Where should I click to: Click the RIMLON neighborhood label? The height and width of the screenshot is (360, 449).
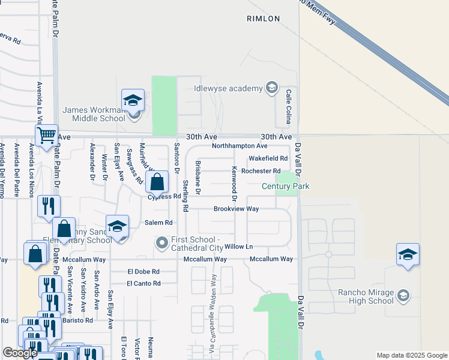point(264,19)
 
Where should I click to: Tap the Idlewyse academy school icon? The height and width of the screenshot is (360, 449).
point(271,89)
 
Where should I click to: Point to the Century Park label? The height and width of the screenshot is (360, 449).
point(285,187)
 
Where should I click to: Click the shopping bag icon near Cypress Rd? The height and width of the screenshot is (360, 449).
point(157,181)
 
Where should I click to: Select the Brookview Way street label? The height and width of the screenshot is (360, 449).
point(237,209)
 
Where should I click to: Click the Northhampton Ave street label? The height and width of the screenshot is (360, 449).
point(240,146)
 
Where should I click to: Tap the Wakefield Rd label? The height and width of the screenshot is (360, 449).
point(268,158)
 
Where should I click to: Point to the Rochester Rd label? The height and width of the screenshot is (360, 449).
point(261,171)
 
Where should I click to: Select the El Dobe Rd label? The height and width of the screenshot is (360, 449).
point(143,271)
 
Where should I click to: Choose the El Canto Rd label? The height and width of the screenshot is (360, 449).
point(143,283)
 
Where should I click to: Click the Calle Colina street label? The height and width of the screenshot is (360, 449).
point(289,107)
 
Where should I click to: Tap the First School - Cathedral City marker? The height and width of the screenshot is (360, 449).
point(161,243)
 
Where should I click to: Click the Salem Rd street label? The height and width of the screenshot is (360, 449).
point(158,222)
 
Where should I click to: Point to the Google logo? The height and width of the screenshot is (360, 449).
point(20,353)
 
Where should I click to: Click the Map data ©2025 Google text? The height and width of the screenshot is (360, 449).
point(411,355)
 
